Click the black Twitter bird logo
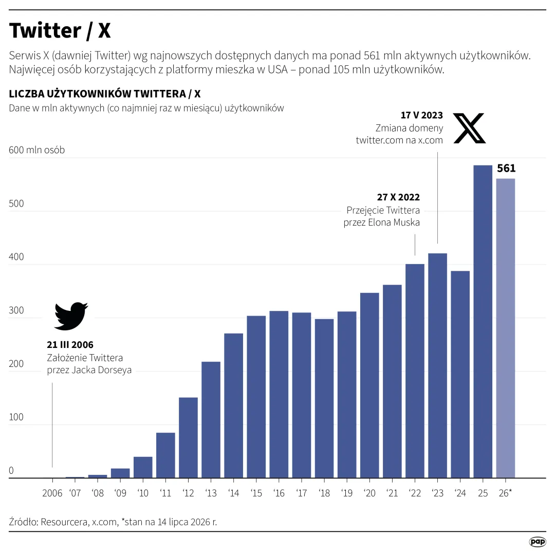pyautogui.click(x=71, y=316)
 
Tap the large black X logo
pyautogui.click(x=469, y=128)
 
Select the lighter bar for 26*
pyautogui.click(x=506, y=328)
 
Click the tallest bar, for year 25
pyautogui.click(x=483, y=321)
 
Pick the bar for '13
pyautogui.click(x=211, y=420)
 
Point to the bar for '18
pyautogui.click(x=324, y=399)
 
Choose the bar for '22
pyautogui.click(x=415, y=371)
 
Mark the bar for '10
pyautogui.click(x=143, y=467)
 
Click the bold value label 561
pyautogui.click(x=506, y=168)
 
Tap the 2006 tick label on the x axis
pyautogui.click(x=52, y=493)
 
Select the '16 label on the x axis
pyautogui.click(x=279, y=493)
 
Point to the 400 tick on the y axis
pyautogui.click(x=16, y=256)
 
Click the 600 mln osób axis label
pyautogui.click(x=37, y=150)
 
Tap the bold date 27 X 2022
pyautogui.click(x=398, y=197)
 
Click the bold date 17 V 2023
pyautogui.click(x=421, y=116)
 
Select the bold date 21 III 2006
pyautogui.click(x=70, y=345)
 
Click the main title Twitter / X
pyautogui.click(x=60, y=30)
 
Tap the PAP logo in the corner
pyautogui.click(x=538, y=542)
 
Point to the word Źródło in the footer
pyautogui.click(x=23, y=522)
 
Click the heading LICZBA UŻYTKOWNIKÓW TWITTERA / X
pyautogui.click(x=105, y=94)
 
